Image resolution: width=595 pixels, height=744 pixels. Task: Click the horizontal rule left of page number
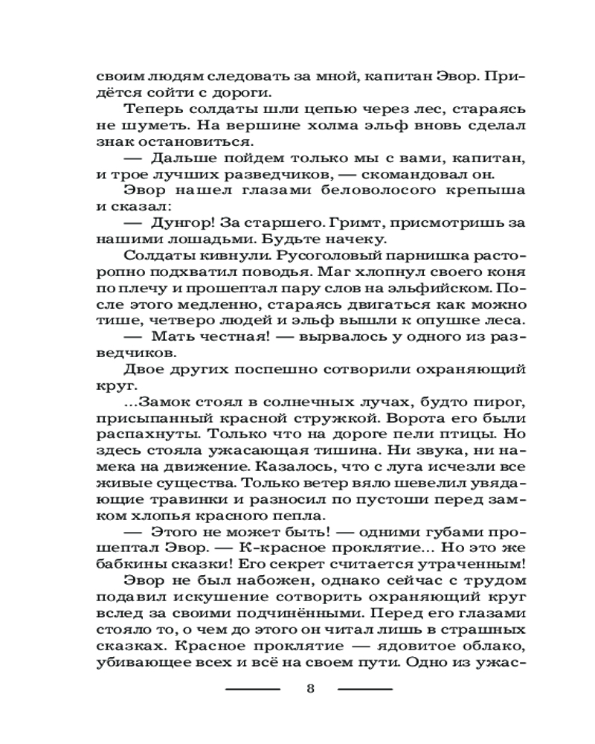253,688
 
